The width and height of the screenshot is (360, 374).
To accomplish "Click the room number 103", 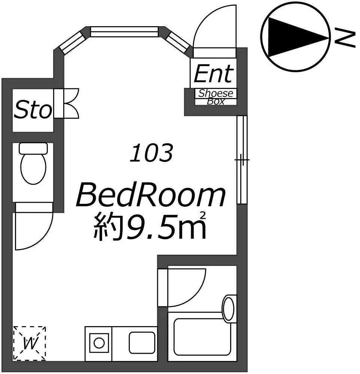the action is pyautogui.click(x=151, y=153).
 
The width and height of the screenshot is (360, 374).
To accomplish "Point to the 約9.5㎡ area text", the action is pyautogui.click(x=150, y=226).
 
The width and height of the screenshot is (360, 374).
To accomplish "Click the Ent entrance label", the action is pyautogui.click(x=213, y=74).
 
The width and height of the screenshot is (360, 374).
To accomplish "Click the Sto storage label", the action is pyautogui.click(x=33, y=110).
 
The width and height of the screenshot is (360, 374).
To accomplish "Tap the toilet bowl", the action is pyautogui.click(x=33, y=168).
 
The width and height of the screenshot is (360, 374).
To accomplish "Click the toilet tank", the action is pyautogui.click(x=33, y=148).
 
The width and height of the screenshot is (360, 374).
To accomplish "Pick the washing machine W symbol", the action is pyautogui.click(x=29, y=343).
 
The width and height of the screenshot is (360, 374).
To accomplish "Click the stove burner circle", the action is pyautogui.click(x=99, y=343).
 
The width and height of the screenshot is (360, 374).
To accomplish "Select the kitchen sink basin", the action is pyautogui.click(x=142, y=343).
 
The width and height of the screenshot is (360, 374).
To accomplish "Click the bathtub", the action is pyautogui.click(x=202, y=337).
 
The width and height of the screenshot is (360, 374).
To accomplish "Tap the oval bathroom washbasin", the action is pyautogui.click(x=228, y=309).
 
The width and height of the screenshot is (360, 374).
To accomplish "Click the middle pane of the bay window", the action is pyautogui.click(x=124, y=31).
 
